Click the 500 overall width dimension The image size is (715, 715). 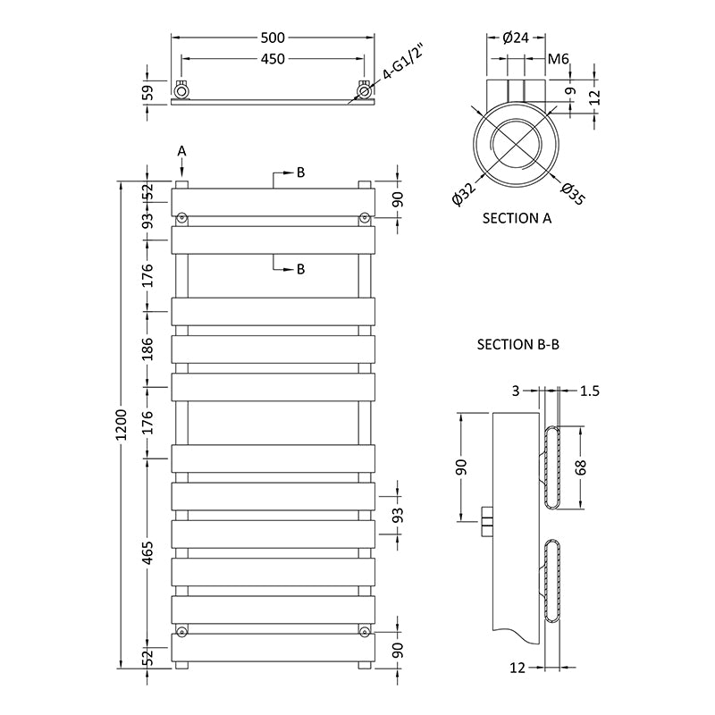(273, 38)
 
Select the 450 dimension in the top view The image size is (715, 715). (273, 59)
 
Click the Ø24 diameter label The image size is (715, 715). (517, 38)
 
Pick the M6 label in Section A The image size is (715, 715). (559, 59)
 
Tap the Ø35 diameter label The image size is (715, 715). (573, 193)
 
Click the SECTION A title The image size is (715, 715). (517, 218)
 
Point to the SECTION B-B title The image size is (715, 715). (517, 343)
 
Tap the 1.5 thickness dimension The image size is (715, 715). (590, 390)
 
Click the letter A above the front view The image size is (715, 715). (181, 151)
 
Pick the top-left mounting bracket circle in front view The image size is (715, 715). (181, 217)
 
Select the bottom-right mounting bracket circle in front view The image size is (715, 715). (365, 632)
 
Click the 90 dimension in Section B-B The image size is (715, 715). (462, 467)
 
